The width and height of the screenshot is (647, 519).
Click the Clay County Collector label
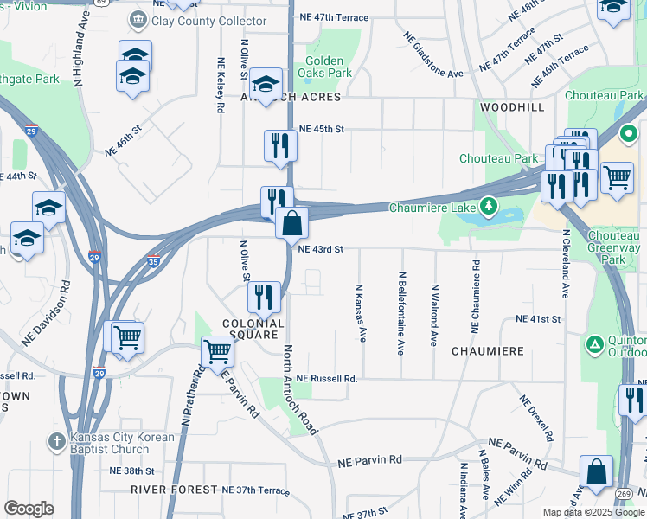coord(208,21)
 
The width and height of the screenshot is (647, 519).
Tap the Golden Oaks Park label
coord(324,67)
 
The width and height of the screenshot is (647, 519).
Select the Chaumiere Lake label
coord(432,207)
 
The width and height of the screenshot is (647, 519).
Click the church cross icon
coord(54,440)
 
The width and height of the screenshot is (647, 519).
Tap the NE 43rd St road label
coord(321,249)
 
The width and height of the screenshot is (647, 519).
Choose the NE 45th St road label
coord(321,129)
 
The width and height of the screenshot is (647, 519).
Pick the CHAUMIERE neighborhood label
coord(488,351)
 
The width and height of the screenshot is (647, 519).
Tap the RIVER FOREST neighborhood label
coord(172,490)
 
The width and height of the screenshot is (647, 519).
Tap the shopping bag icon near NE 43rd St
coord(291,222)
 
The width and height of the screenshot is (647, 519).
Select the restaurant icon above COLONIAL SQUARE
coord(265,297)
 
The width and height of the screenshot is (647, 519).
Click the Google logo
coord(29,509)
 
